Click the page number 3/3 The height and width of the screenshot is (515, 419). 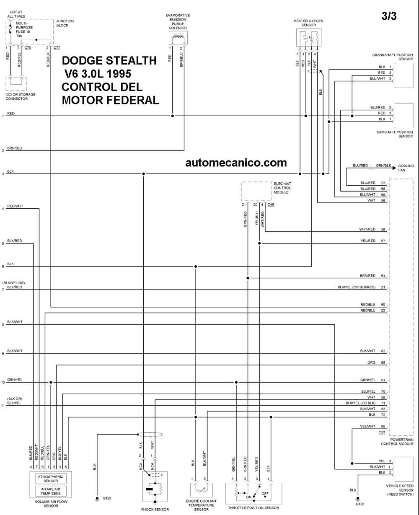(389, 16)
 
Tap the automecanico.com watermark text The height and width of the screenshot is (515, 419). (236, 163)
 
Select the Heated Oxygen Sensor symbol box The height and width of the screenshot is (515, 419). (309, 37)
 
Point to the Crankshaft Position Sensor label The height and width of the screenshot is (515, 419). (393, 57)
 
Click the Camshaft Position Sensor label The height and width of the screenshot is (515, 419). (395, 134)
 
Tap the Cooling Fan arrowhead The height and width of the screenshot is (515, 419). (394, 168)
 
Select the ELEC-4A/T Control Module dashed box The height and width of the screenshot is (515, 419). (256, 191)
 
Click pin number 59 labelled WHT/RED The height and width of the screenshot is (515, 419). (383, 229)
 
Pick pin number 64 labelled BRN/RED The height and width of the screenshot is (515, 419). (383, 276)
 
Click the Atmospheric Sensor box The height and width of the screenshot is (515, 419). (51, 479)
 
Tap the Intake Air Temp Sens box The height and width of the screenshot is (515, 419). (51, 491)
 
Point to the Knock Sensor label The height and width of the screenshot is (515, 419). (155, 510)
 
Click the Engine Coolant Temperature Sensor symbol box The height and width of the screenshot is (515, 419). (202, 490)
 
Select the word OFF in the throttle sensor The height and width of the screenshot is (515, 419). (265, 494)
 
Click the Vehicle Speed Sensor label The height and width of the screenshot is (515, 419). (400, 490)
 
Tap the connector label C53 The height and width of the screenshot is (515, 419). (382, 432)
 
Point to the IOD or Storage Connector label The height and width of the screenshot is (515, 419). (21, 96)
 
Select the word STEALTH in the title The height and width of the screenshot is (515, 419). (129, 61)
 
